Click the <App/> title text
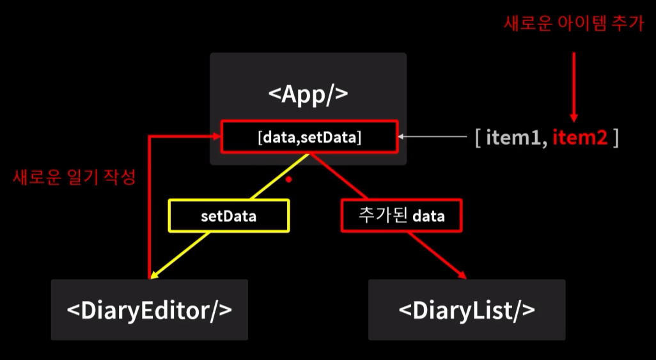[308, 94]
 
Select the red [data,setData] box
[309, 137]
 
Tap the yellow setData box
[228, 216]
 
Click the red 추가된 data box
[401, 216]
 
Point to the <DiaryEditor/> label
[150, 310]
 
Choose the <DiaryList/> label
[467, 310]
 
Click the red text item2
[580, 137]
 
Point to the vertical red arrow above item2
[574, 83]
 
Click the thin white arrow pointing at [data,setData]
[435, 136]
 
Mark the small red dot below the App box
[288, 180]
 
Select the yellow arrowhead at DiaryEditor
[154, 275]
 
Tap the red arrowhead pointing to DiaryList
[462, 274]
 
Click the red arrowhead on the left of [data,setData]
[216, 136]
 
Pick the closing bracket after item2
[615, 137]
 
